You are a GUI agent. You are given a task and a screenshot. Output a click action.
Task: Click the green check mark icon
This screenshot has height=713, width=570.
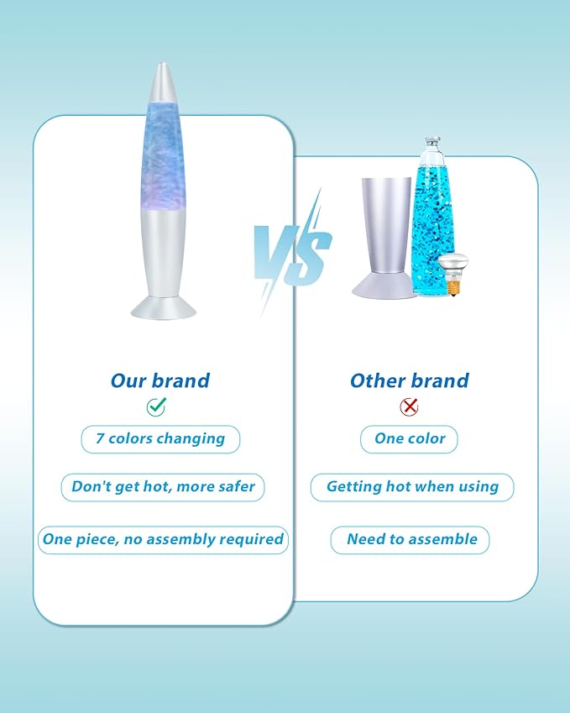(156, 406)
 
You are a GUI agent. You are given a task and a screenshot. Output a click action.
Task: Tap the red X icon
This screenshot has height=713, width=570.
(409, 406)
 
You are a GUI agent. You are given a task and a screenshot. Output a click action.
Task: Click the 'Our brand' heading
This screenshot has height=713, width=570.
(160, 380)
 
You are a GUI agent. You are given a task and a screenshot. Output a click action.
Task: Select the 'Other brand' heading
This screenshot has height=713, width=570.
(410, 380)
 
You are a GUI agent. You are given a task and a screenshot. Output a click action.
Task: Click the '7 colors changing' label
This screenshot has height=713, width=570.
(160, 439)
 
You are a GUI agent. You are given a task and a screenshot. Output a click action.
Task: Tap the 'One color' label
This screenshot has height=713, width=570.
(409, 439)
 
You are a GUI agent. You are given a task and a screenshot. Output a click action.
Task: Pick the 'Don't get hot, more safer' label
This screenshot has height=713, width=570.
(163, 487)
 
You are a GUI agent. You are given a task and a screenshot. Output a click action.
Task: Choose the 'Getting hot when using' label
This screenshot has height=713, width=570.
(412, 487)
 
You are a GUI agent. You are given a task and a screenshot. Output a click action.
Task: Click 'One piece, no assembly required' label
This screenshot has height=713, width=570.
(163, 540)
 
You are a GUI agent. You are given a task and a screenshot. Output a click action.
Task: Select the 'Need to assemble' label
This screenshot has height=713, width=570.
(410, 540)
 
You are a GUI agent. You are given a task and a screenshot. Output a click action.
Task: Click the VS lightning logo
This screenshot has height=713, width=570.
(292, 253)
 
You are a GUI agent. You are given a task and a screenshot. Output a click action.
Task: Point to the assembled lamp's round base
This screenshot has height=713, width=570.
(164, 308)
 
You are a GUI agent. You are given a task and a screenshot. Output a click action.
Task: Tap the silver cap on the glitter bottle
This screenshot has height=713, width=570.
(432, 141)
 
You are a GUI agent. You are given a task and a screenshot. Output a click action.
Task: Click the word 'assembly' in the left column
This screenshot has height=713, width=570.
(180, 540)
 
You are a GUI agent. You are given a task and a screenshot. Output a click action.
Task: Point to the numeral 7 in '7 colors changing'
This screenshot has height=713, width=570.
(100, 438)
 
